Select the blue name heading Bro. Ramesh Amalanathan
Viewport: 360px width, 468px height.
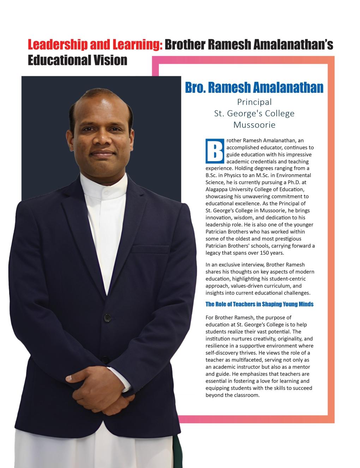click(254, 87)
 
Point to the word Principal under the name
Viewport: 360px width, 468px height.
click(254, 102)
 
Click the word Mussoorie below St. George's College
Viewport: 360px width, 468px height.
click(254, 125)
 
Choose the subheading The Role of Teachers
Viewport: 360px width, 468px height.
click(259, 304)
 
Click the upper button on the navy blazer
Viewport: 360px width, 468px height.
click(107, 317)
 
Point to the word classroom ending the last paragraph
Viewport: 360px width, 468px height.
click(246, 395)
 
